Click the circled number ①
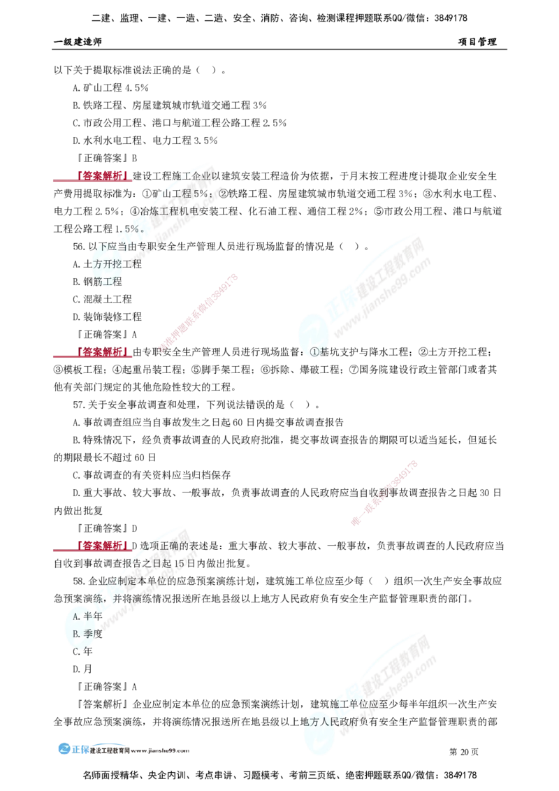tap(314, 352)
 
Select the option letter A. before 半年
tap(78, 616)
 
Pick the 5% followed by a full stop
tap(133, 228)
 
